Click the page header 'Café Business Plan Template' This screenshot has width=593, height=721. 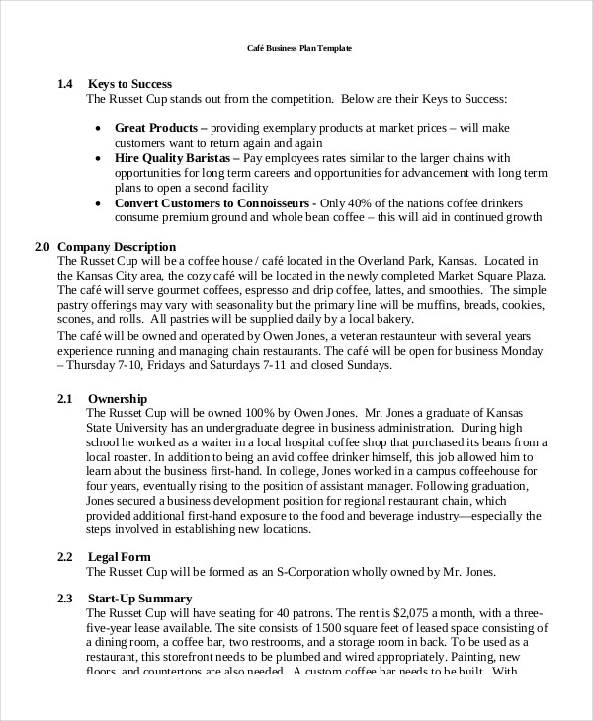pos(297,48)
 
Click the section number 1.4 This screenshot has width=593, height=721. pos(65,84)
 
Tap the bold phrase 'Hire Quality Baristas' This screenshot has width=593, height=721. pos(175,158)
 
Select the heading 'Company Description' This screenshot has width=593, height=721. pos(117,246)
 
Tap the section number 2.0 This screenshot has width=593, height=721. pos(42,246)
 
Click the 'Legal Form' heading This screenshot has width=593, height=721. pos(122,557)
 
